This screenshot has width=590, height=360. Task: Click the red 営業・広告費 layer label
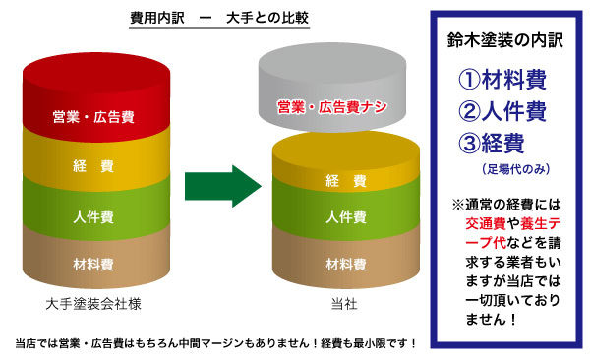[94, 117]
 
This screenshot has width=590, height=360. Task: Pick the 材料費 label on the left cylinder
[94, 264]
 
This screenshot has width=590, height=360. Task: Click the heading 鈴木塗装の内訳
[502, 42]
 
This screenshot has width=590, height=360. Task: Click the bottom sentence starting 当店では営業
[216, 343]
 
